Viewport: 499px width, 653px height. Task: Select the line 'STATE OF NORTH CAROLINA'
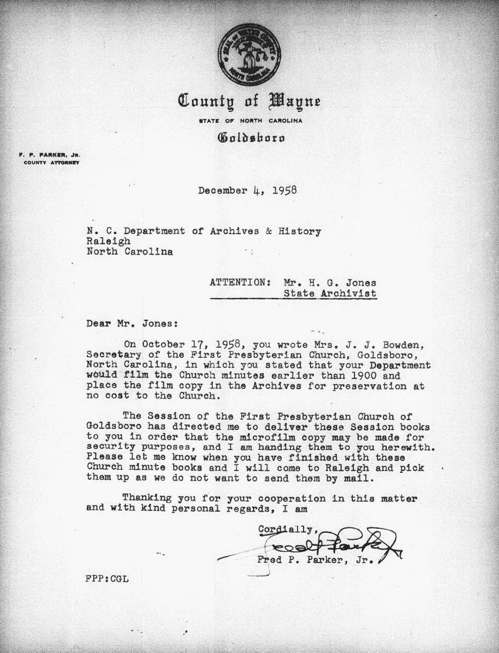tap(251, 121)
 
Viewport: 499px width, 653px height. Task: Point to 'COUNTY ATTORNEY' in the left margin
tap(51, 163)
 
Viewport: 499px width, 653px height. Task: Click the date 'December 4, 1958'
tap(247, 190)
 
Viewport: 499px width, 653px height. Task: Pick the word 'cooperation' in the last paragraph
tap(279, 499)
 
